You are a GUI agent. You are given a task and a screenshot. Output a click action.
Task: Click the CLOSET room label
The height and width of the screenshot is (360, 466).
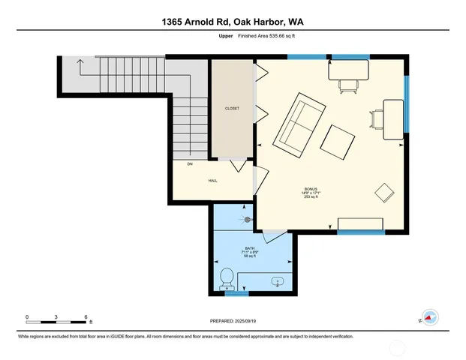pyautogui.click(x=233, y=108)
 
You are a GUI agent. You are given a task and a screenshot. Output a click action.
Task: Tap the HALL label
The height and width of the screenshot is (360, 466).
pyautogui.click(x=213, y=181)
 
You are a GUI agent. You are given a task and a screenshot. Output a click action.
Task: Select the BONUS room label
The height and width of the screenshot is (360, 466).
pyautogui.click(x=311, y=190)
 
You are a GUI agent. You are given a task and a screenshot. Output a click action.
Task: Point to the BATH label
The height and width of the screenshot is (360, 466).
pyautogui.click(x=250, y=248)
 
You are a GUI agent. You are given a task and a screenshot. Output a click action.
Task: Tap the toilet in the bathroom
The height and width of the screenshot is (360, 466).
pyautogui.click(x=225, y=279)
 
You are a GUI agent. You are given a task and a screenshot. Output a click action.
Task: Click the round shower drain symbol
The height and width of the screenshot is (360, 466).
pyautogui.click(x=248, y=220)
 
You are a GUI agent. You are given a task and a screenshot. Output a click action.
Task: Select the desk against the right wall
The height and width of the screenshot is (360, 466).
pyautogui.click(x=394, y=119)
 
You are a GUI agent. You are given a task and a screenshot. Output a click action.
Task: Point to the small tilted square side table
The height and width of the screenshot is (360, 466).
pyautogui.click(x=385, y=192)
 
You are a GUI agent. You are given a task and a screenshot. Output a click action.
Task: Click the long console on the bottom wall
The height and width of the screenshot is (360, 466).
pyautogui.click(x=362, y=224)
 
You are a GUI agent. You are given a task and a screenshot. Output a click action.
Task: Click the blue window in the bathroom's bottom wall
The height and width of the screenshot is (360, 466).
pyautogui.click(x=236, y=294)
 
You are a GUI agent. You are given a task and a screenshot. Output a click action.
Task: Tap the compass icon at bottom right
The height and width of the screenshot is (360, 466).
pyautogui.click(x=429, y=317)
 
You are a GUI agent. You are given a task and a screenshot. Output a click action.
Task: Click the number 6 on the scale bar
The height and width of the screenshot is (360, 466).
pyautogui.click(x=86, y=316)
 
